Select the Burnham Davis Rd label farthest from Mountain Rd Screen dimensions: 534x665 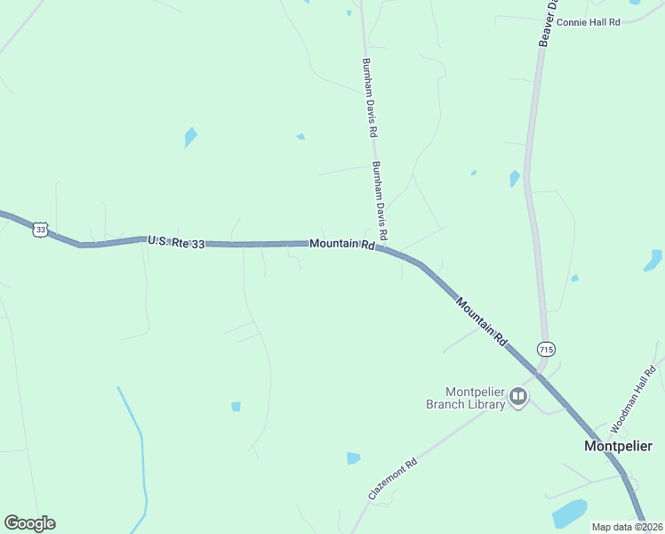366,98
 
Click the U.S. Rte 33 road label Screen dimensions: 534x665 176,241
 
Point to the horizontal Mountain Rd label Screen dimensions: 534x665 341,244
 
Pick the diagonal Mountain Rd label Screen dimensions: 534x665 481,321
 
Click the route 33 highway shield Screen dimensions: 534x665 39,230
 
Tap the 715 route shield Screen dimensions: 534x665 545,347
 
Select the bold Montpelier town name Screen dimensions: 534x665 618,445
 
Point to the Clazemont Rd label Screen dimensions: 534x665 392,479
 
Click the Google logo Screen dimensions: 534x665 29,523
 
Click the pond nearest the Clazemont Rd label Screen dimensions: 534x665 353,458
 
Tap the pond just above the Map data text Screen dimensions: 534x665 569,514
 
